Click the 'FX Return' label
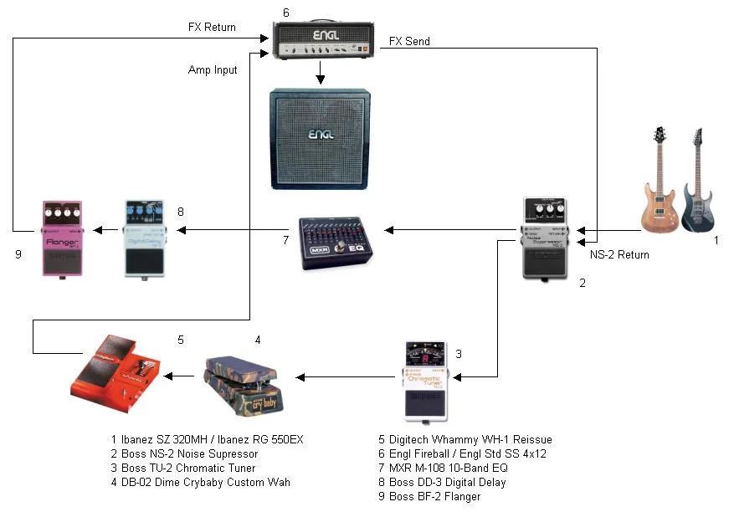point(212,27)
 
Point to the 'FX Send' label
point(409,41)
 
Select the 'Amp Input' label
point(213,70)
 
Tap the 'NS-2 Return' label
point(620,254)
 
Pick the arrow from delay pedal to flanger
point(103,229)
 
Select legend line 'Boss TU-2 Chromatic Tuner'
point(183,468)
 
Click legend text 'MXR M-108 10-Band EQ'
point(443,468)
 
